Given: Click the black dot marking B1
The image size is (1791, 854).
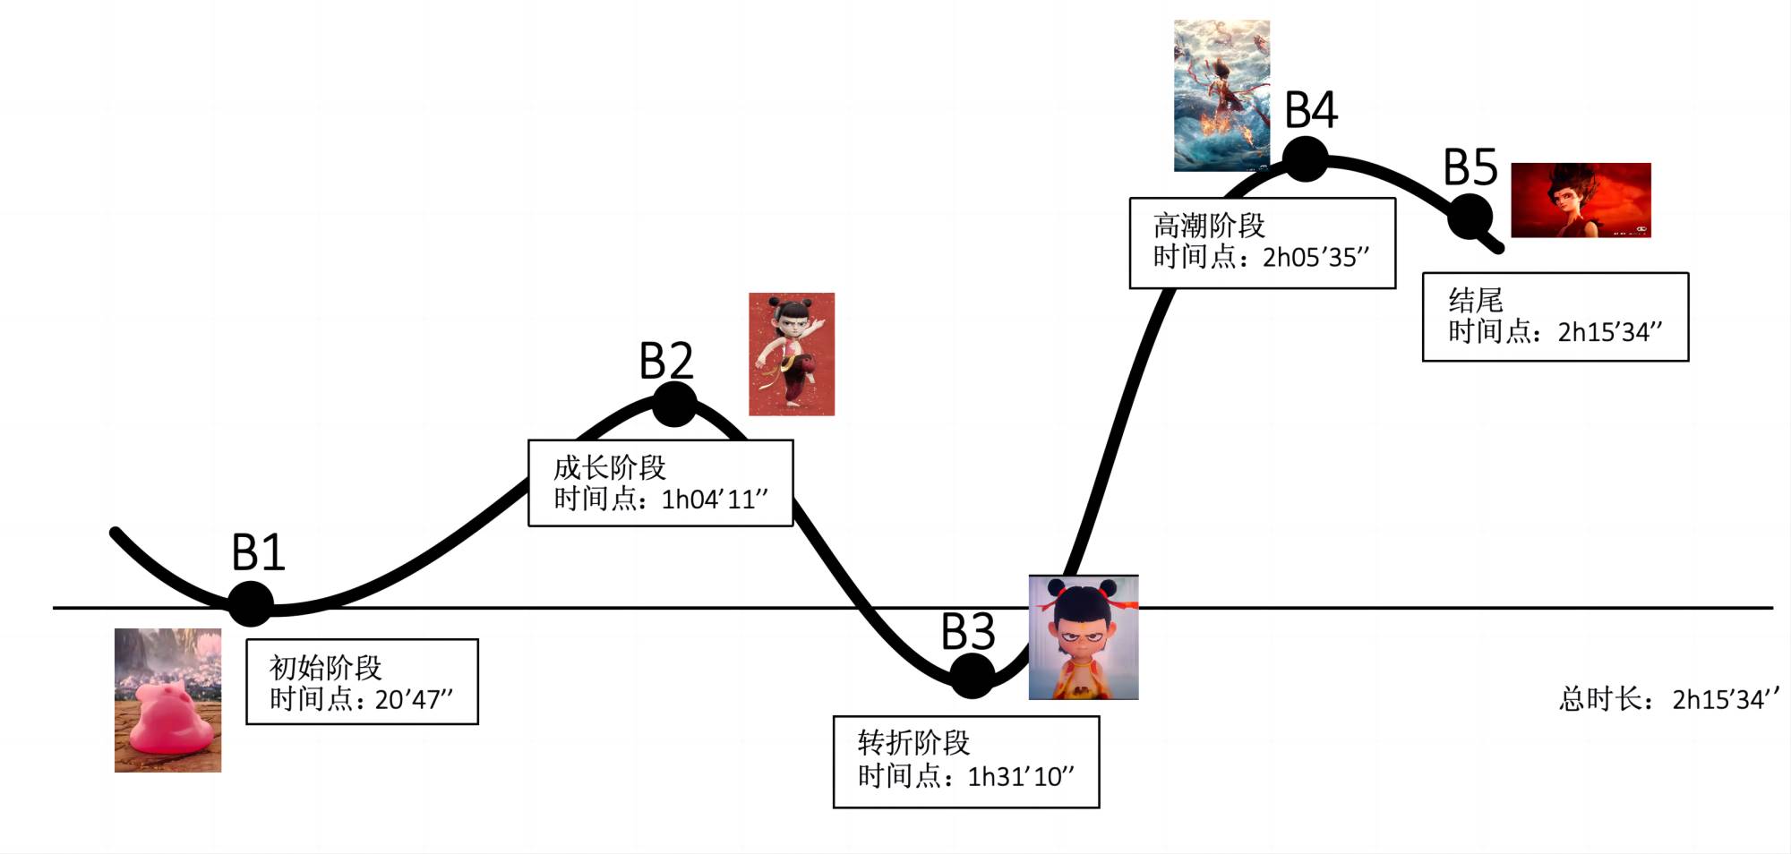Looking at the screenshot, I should pyautogui.click(x=251, y=603).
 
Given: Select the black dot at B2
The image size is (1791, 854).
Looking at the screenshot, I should pyautogui.click(x=674, y=404).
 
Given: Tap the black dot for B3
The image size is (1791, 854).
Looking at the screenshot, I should pyautogui.click(x=972, y=675).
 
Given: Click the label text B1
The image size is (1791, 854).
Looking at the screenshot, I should pyautogui.click(x=258, y=552).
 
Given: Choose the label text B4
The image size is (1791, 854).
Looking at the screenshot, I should pyautogui.click(x=1311, y=111).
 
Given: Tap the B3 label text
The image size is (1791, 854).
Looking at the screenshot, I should pyautogui.click(x=968, y=632).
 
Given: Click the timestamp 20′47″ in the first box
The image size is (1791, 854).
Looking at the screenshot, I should pyautogui.click(x=414, y=699).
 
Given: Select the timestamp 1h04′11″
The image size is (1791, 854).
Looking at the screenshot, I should pyautogui.click(x=715, y=500).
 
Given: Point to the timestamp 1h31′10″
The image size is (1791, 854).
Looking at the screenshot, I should pyautogui.click(x=1021, y=776).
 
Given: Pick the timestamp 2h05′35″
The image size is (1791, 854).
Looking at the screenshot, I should pyautogui.click(x=1315, y=258).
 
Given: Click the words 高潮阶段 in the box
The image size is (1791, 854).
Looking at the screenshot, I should pyautogui.click(x=1209, y=225).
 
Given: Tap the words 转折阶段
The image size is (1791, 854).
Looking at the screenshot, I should pyautogui.click(x=913, y=742).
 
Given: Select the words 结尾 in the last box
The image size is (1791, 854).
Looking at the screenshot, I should pyautogui.click(x=1476, y=300).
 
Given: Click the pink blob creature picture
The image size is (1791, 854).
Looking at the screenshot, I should pyautogui.click(x=167, y=700).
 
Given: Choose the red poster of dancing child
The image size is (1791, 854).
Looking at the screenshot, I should pyautogui.click(x=792, y=354).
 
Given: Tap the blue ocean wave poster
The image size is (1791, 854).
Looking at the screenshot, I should pyautogui.click(x=1221, y=95).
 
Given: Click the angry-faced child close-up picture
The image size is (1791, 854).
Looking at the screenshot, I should pyautogui.click(x=1084, y=637).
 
